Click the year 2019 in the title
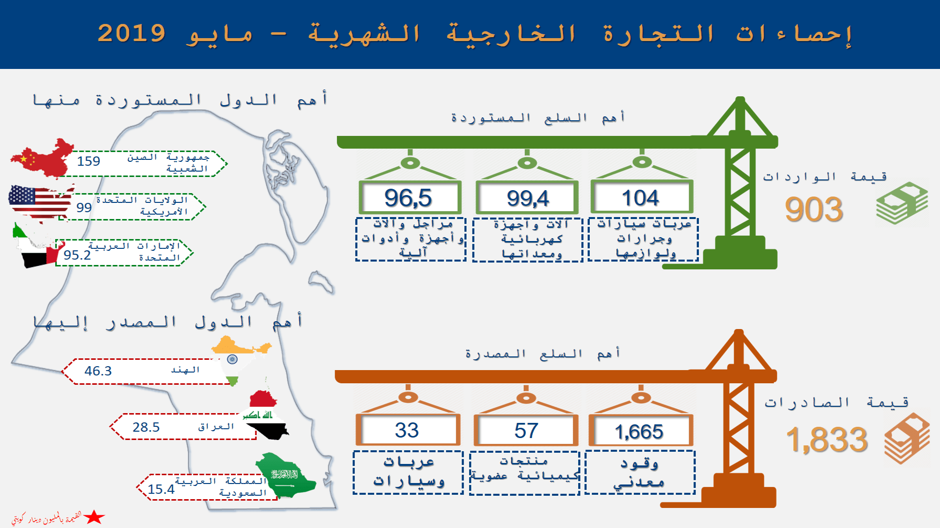pos(132,33)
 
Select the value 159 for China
pos(89,161)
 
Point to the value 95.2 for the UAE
pos(77,255)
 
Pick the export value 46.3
pos(98,371)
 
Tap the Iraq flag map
pos(265,415)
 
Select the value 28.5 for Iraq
pos(146,427)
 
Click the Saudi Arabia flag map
pos(286,475)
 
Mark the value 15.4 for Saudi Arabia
pos(161,489)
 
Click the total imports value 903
pos(814,210)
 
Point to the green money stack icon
pos(902,203)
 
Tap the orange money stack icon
pos(907,439)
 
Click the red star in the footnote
pos(94,517)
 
